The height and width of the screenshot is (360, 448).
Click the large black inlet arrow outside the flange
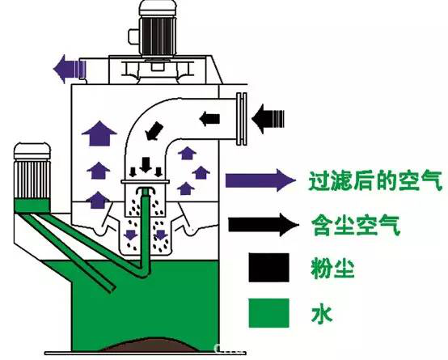(268, 118)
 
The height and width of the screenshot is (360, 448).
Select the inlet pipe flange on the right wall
(242, 119)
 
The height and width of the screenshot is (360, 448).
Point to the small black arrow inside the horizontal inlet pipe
(209, 119)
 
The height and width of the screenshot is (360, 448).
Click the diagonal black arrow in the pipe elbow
(154, 131)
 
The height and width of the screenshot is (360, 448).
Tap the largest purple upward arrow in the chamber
(99, 133)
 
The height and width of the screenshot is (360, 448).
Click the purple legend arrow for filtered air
(260, 180)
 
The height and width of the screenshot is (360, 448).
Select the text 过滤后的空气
(375, 180)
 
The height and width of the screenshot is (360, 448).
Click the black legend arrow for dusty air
(264, 225)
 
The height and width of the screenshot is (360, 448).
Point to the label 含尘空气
(355, 226)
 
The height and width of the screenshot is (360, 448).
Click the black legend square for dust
(268, 268)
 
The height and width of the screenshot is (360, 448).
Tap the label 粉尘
(332, 269)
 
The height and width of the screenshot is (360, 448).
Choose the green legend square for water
(268, 313)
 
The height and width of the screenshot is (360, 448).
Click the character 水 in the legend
(322, 314)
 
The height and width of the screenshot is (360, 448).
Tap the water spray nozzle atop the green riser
(146, 191)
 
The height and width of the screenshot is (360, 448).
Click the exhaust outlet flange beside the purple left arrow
(82, 69)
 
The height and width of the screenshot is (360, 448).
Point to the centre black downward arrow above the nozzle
(146, 165)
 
